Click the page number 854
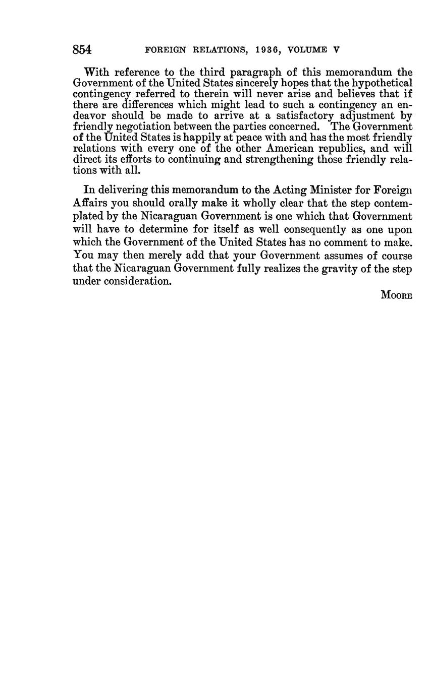[82, 49]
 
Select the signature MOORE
[396, 295]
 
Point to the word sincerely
[258, 83]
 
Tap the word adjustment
[364, 115]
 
